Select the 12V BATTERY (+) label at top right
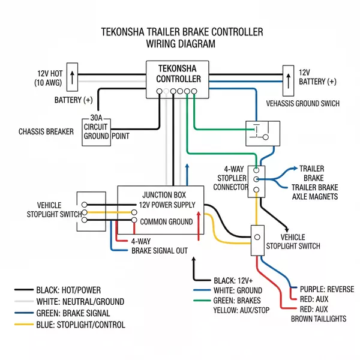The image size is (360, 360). (x=317, y=76)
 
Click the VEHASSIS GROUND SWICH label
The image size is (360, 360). (x=302, y=103)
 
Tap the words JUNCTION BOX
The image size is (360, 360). (x=164, y=195)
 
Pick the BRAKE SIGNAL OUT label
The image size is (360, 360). (x=160, y=250)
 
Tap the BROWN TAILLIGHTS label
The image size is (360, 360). (x=318, y=319)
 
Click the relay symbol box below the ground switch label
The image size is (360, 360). (x=260, y=132)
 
